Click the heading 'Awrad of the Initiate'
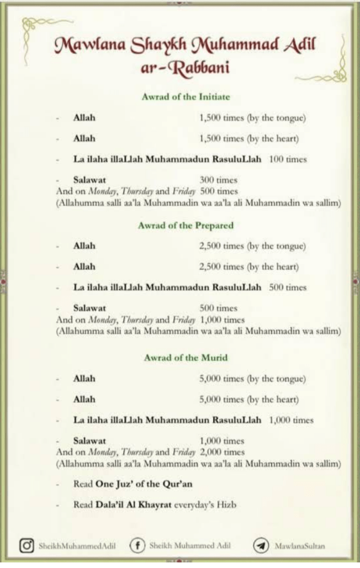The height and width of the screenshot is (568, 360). (185, 97)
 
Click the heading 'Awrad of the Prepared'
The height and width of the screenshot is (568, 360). (185, 225)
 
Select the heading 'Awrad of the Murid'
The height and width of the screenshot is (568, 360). (185, 358)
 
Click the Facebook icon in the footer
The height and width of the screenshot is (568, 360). (137, 545)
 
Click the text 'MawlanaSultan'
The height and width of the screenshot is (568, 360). (299, 546)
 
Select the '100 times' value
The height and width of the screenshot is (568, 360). (288, 159)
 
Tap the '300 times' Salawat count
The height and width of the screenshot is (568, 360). (218, 180)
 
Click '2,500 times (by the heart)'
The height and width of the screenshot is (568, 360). (248, 267)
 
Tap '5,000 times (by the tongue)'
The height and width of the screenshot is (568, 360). (252, 378)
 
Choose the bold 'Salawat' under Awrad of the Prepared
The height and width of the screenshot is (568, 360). (89, 308)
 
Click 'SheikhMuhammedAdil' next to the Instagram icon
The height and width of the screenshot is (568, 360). (77, 546)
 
